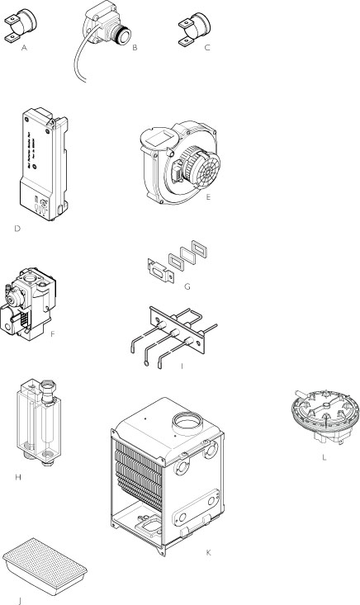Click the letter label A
click(25, 49)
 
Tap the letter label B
click(134, 49)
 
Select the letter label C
click(207, 49)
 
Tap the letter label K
click(208, 551)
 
